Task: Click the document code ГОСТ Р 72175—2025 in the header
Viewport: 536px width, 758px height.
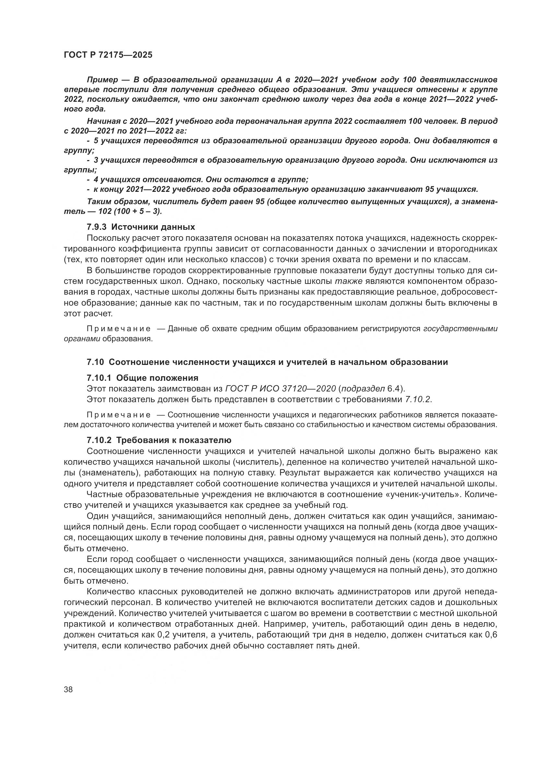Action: coord(108,55)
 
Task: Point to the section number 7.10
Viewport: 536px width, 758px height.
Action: coord(95,362)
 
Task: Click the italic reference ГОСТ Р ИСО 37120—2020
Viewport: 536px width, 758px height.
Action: coord(280,389)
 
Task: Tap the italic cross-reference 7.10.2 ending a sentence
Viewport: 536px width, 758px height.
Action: coord(417,400)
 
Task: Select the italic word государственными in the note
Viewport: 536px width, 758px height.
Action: coord(460,329)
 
